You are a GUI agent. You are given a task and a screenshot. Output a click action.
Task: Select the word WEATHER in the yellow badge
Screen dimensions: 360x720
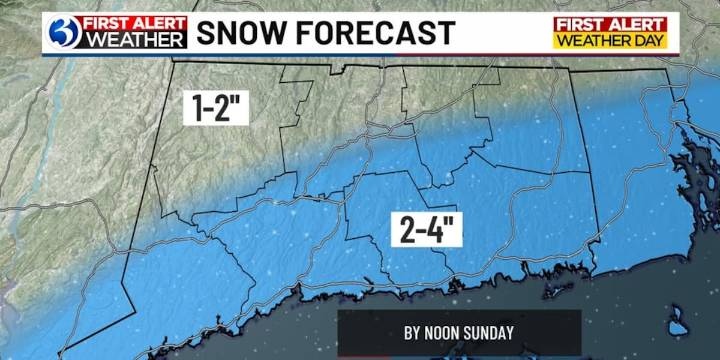tap(596, 40)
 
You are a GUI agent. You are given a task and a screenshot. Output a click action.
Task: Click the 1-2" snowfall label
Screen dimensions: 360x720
tap(215, 108)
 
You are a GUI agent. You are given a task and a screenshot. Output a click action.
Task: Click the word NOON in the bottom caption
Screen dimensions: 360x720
tap(449, 333)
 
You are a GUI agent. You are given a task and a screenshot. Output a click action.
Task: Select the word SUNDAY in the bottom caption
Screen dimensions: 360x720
tap(492, 333)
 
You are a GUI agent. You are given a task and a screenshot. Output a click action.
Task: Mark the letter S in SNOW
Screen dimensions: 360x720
tap(207, 32)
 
